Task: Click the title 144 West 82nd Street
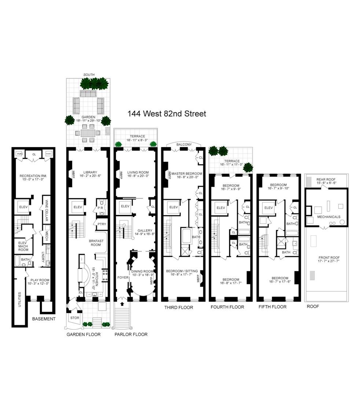coord(166,114)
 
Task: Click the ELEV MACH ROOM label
coord(23,245)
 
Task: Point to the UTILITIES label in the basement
coord(19,299)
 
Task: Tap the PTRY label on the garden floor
coord(101,223)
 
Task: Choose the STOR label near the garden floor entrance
coord(75,318)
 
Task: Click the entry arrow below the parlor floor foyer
coord(122,303)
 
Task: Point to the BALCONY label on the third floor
coord(184,145)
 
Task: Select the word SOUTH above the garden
coord(89,75)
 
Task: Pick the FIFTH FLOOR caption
coord(272,307)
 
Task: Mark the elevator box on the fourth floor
coord(221,208)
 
